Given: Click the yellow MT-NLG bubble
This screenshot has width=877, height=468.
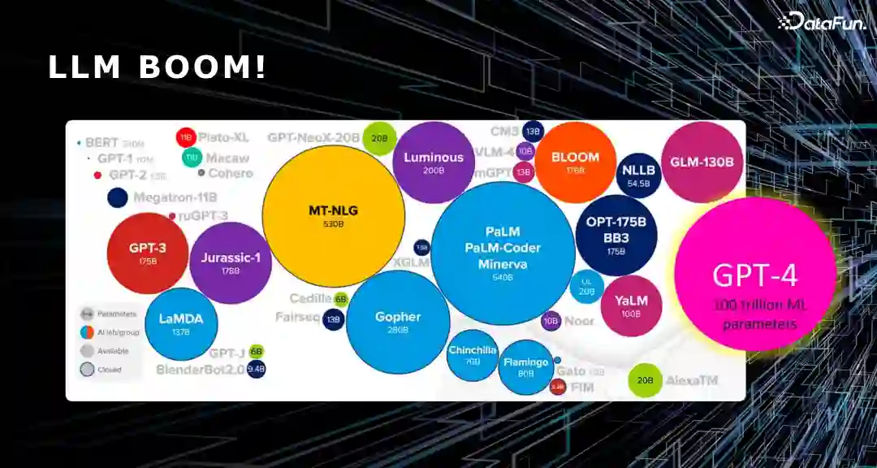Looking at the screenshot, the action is pos(334,215).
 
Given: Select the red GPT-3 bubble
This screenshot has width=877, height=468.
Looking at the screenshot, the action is pos(148,252).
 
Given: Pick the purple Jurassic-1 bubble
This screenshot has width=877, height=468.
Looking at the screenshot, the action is pos(230,262).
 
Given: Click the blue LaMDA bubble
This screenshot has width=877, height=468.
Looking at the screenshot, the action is pos(181,323).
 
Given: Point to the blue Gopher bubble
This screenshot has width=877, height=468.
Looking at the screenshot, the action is pos(398,321).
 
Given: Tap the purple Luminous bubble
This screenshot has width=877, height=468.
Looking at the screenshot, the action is pos(434,162).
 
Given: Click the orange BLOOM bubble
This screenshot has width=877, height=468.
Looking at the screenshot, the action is pos(575,162).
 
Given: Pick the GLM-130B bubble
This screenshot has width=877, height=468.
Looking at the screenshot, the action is pos(702,162).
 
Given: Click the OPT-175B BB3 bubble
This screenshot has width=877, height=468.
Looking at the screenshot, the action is pos(616,235).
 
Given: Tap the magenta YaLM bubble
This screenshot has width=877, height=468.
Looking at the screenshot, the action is pos(631,305).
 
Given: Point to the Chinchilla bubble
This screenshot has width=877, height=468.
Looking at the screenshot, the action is pos(472,355).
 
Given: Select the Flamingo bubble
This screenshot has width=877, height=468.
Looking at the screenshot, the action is pos(526,366).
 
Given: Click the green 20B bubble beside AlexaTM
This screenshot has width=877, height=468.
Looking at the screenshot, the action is pos(645,379).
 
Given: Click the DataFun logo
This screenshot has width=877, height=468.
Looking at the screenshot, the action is pos(822,23).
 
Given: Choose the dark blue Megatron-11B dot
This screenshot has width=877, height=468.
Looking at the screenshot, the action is pos(118,197).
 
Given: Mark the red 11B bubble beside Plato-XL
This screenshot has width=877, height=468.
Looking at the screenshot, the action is pos(186,136).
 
